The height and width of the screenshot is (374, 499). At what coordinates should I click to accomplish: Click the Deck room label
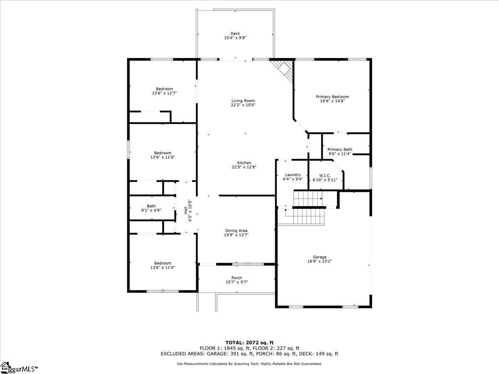click(x=235, y=34)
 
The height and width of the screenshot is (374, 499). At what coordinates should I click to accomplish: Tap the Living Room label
click(x=243, y=101)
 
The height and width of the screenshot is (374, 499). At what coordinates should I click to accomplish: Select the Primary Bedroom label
click(x=332, y=97)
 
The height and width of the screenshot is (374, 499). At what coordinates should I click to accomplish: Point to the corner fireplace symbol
click(x=283, y=70)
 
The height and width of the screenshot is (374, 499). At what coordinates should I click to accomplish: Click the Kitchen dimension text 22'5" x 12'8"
click(x=244, y=167)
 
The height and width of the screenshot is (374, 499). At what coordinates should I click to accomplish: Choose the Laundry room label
click(x=293, y=175)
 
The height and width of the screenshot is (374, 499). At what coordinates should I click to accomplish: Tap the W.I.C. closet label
click(x=325, y=176)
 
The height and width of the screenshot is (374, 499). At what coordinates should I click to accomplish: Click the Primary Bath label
click(x=340, y=150)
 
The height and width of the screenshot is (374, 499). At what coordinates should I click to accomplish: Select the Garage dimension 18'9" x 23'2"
click(x=320, y=261)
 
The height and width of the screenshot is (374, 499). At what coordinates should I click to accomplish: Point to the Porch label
click(x=237, y=278)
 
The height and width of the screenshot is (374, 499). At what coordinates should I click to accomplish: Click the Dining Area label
click(x=236, y=231)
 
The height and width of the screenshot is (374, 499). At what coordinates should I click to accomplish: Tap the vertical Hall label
click(x=186, y=210)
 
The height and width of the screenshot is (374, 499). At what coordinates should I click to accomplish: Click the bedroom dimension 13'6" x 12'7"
click(x=164, y=93)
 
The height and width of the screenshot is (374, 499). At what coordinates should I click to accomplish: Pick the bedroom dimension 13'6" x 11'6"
click(x=163, y=157)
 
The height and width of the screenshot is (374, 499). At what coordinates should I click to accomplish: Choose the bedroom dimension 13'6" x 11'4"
click(x=163, y=268)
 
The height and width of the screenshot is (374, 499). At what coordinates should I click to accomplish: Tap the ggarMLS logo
click(x=19, y=368)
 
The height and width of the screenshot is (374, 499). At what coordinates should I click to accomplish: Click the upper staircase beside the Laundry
click(x=308, y=199)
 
